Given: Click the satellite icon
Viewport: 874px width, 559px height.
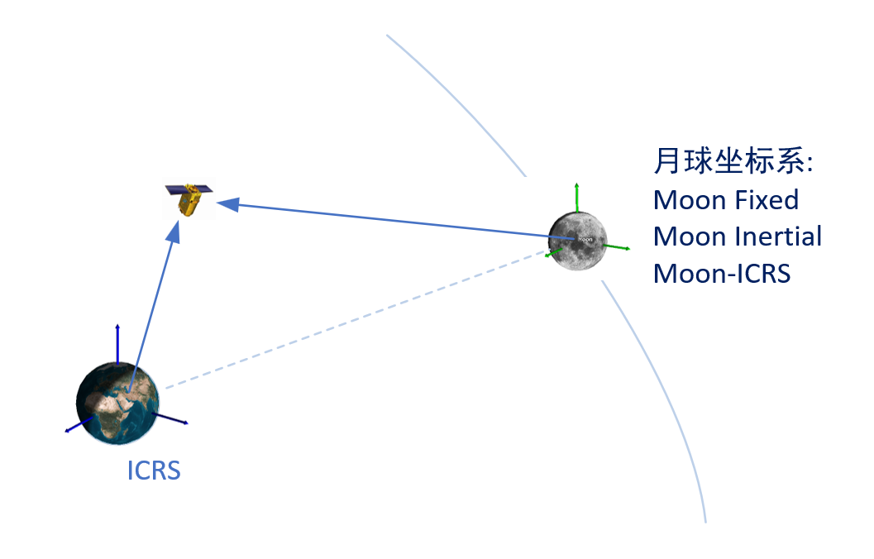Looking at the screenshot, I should [x=189, y=198].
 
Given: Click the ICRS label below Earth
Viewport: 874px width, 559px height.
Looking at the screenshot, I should [x=154, y=471].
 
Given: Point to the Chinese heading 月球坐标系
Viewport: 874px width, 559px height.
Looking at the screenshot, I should [x=733, y=162].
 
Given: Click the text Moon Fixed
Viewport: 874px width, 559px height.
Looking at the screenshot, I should [x=726, y=200].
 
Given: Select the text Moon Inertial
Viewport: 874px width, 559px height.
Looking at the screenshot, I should [x=738, y=236].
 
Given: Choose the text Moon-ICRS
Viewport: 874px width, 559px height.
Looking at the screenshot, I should [x=722, y=273].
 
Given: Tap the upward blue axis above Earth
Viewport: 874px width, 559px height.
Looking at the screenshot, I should [x=117, y=343].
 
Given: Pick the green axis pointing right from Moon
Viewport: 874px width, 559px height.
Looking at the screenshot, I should [x=618, y=246].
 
